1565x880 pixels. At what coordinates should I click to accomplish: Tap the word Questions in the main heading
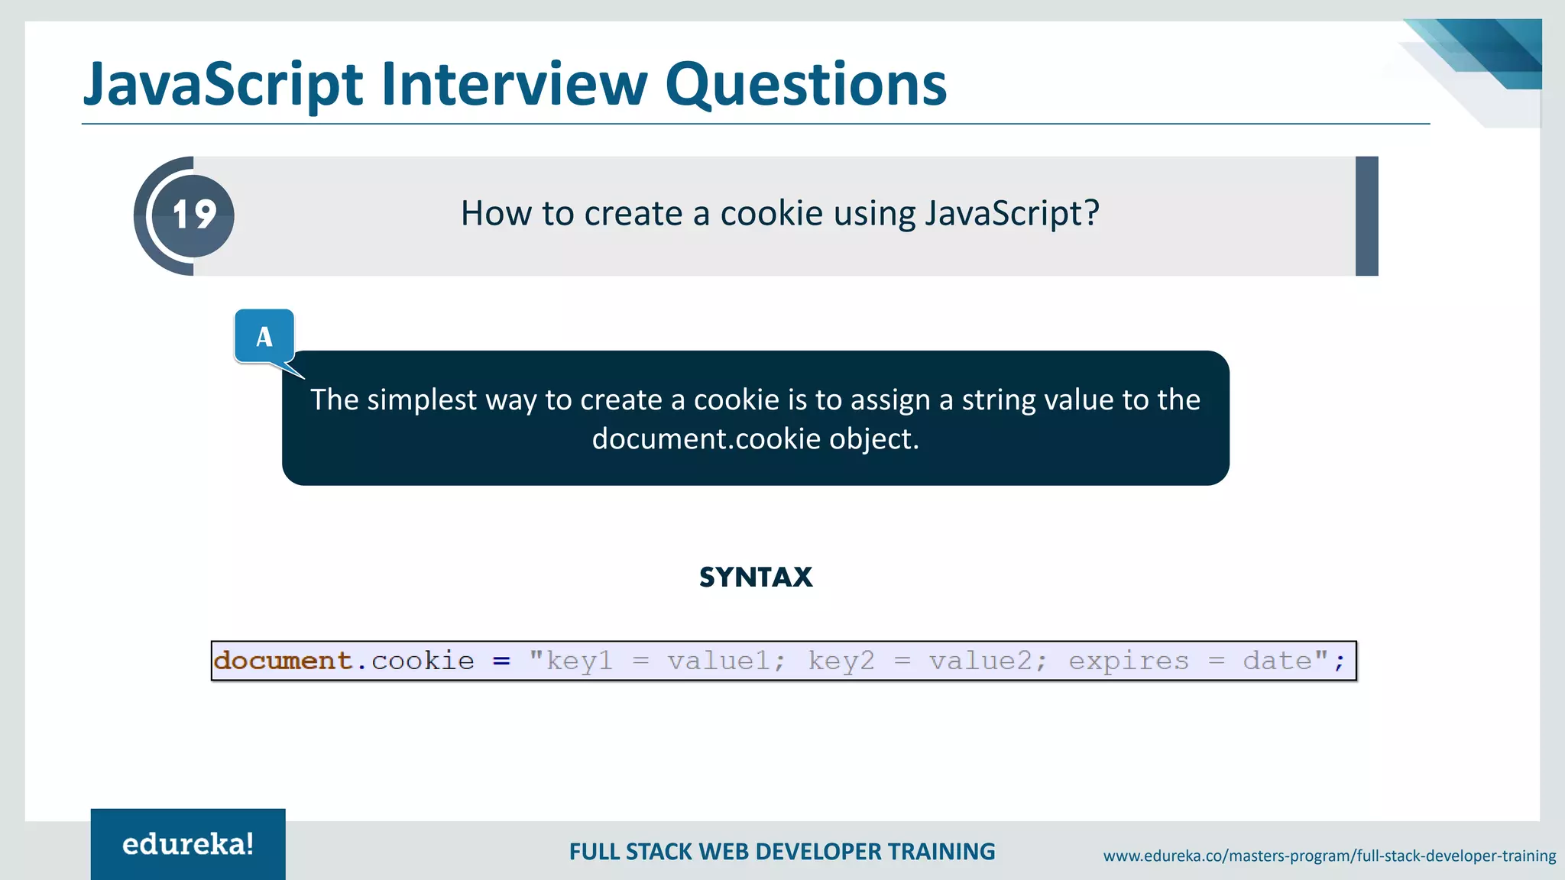[806, 84]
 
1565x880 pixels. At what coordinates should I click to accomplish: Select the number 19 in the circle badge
[194, 215]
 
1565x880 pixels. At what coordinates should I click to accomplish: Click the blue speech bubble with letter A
[264, 336]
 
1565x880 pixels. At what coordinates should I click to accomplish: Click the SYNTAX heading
[756, 577]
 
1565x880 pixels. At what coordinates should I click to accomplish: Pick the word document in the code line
[283, 661]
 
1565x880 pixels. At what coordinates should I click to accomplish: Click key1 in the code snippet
[579, 661]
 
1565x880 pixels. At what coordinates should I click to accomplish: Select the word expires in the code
[1128, 661]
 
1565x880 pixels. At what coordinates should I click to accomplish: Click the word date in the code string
[1277, 661]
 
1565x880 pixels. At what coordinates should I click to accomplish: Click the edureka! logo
[188, 844]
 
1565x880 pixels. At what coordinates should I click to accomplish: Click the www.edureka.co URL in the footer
[1329, 856]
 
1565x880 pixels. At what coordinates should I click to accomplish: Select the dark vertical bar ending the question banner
[1366, 216]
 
